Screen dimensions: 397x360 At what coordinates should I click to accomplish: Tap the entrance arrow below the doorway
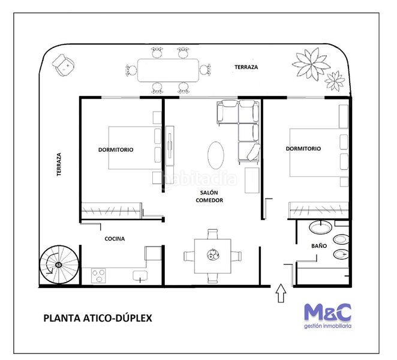pos(281,293)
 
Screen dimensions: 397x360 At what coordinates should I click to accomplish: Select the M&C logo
pos(327,316)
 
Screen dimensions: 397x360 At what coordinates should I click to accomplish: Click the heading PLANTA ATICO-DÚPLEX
pos(98,318)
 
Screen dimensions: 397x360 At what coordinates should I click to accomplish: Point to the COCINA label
pos(115,239)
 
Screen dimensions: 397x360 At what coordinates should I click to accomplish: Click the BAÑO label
pos(319,245)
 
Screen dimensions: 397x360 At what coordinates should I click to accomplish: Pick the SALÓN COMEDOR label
pos(209,196)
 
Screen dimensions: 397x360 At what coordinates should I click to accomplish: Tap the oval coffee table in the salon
pos(216,155)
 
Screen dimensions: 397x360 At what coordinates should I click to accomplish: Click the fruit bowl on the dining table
pos(213,254)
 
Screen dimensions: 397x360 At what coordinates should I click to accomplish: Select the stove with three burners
pos(98,275)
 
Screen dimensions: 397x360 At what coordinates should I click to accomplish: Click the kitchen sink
pos(140,276)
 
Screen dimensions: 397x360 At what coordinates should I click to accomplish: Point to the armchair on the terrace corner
pos(64,65)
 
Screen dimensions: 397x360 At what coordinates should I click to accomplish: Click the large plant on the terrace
pos(311,64)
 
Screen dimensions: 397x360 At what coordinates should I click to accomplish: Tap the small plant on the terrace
pos(335,81)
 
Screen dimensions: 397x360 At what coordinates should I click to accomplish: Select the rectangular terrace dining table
pos(168,70)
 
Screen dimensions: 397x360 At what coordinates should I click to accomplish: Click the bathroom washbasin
pos(321,227)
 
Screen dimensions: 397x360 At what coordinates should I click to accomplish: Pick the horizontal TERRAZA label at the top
pos(246,67)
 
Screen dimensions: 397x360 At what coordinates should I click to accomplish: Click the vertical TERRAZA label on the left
pos(59,164)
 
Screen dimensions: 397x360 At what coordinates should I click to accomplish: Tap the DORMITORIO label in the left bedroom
pos(116,150)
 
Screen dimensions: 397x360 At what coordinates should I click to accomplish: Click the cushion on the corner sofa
pos(254,152)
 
